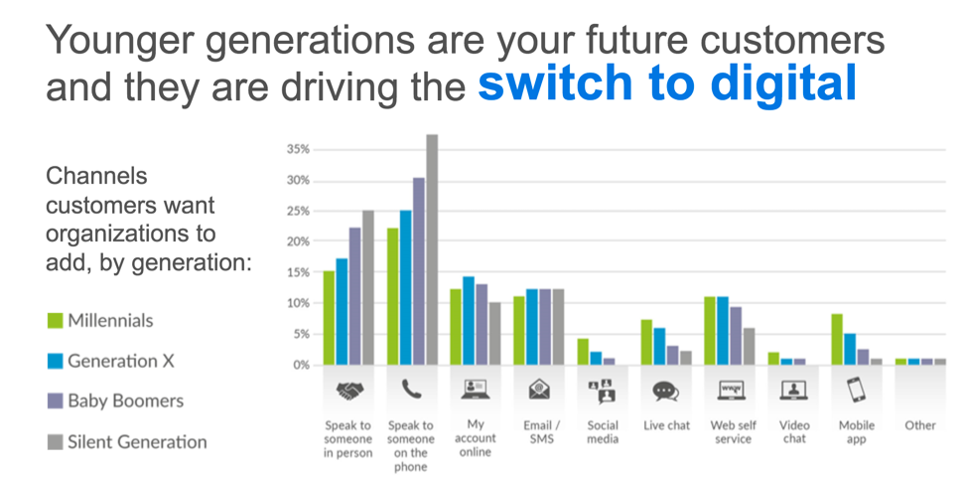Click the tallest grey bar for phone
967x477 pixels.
[432, 249]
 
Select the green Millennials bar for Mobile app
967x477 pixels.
[837, 340]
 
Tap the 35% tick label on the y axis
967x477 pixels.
[298, 150]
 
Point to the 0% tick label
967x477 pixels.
[301, 365]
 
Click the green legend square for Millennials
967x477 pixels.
[55, 320]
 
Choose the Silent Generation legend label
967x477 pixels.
[138, 442]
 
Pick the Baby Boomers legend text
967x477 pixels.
[126, 401]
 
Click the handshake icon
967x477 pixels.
[349, 391]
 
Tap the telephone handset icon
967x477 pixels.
[411, 390]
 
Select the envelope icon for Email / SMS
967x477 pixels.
[540, 390]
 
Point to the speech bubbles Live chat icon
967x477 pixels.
[666, 392]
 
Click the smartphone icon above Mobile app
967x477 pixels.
[856, 390]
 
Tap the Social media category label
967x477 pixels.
[603, 432]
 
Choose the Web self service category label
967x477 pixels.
[734, 432]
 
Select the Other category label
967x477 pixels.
[920, 425]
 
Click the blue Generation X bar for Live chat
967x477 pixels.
[659, 346]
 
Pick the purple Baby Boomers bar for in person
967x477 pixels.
[354, 296]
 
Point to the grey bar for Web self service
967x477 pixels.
[748, 346]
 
